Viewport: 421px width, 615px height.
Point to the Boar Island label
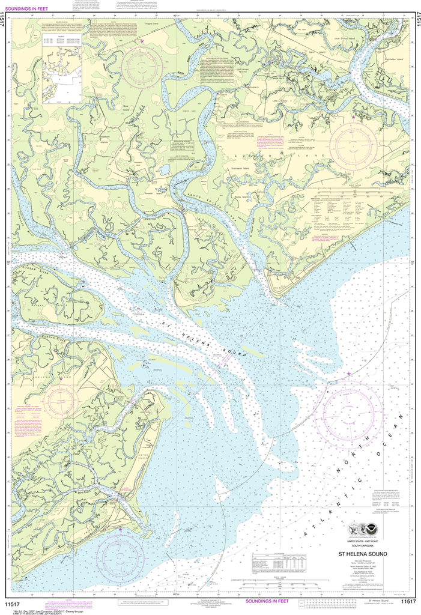click(x=126, y=106)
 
